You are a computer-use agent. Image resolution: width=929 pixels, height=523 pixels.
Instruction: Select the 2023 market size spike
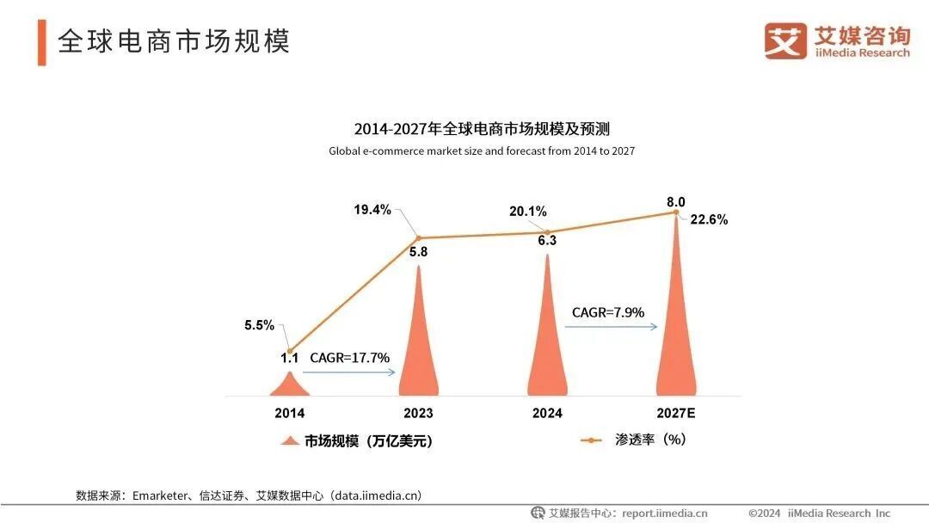pos(419,344)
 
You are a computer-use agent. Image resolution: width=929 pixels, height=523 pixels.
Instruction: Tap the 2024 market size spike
pos(547,335)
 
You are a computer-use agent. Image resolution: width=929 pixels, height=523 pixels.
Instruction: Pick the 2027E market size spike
pos(676,318)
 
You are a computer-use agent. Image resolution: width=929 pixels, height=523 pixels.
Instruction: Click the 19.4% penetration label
pos(372,209)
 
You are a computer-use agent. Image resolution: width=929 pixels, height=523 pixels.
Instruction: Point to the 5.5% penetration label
pos(259,325)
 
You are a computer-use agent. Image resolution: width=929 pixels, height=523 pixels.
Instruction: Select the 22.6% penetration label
pos(709,219)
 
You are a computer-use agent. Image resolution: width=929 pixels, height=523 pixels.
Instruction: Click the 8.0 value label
pos(676,202)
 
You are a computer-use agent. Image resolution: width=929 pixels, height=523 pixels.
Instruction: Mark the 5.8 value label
pos(419,252)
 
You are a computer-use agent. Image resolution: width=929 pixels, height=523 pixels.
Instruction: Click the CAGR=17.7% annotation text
pos(350,357)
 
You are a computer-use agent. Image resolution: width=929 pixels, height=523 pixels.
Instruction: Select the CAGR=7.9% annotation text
pos(608,312)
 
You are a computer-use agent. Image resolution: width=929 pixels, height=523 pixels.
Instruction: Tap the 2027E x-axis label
pos(676,413)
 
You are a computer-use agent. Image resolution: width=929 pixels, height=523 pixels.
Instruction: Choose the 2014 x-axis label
pos(289,413)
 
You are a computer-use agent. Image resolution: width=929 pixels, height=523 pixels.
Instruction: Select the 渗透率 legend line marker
pos(591,440)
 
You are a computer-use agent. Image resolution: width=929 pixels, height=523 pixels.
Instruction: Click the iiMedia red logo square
pos(785,40)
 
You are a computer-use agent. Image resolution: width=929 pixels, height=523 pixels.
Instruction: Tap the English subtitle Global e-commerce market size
pos(481,151)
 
